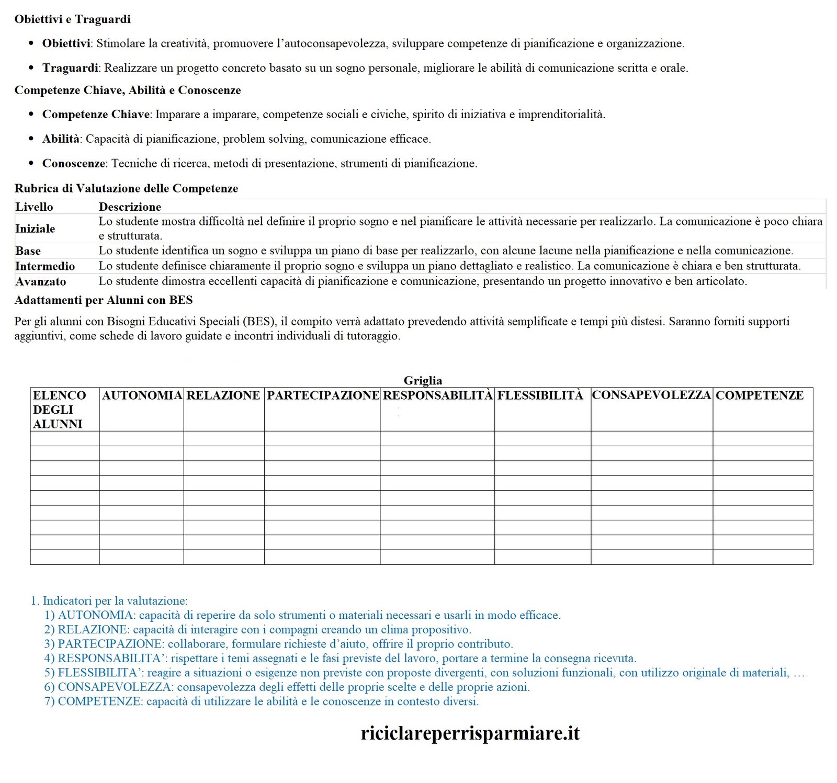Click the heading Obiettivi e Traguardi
pyautogui.click(x=72, y=19)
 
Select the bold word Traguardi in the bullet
pyautogui.click(x=70, y=68)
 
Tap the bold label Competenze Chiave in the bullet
pyautogui.click(x=96, y=115)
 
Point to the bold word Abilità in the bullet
pyautogui.click(x=61, y=139)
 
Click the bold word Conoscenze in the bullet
pyautogui.click(x=73, y=163)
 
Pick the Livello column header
pyautogui.click(x=34, y=207)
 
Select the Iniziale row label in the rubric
pyautogui.click(x=35, y=229)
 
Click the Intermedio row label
pyautogui.click(x=45, y=266)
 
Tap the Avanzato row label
pyautogui.click(x=41, y=281)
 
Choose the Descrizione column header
pyautogui.click(x=130, y=207)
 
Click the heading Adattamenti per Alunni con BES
pyautogui.click(x=104, y=300)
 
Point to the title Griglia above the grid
pyautogui.click(x=423, y=380)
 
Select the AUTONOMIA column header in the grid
pyautogui.click(x=142, y=395)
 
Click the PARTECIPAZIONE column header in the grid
pyautogui.click(x=323, y=395)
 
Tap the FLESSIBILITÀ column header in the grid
pyautogui.click(x=540, y=395)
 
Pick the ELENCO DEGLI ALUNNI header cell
pyautogui.click(x=59, y=410)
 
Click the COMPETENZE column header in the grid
pyautogui.click(x=759, y=395)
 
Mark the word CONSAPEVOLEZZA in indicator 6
pyautogui.click(x=115, y=687)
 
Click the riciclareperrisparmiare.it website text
pyautogui.click(x=470, y=733)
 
